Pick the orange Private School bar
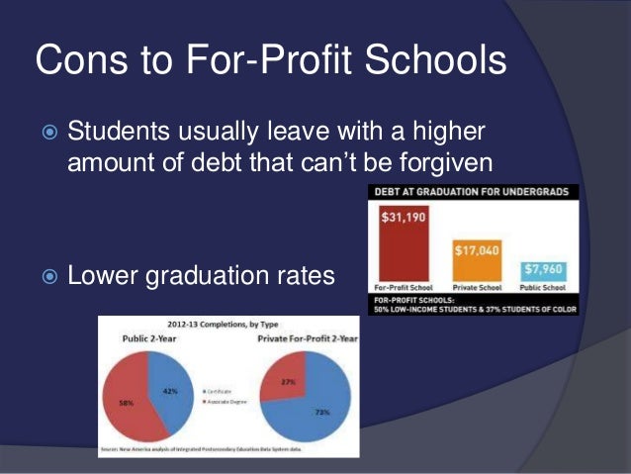(x=474, y=261)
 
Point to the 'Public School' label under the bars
(x=541, y=288)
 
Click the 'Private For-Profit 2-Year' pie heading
(x=308, y=338)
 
